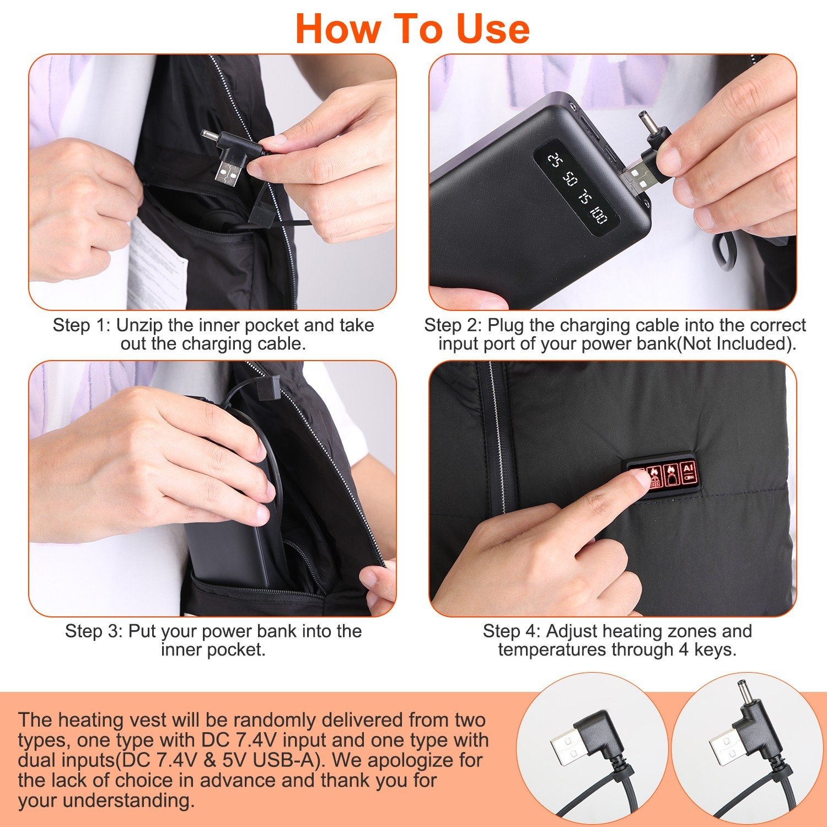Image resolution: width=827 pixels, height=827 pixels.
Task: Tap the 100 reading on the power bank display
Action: [599, 214]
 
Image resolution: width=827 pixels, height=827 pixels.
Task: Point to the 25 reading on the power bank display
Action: [554, 159]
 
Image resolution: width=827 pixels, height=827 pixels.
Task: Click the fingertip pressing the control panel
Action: [640, 478]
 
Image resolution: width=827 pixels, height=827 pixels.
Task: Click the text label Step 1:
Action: [82, 325]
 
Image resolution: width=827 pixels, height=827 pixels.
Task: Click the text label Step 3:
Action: [94, 631]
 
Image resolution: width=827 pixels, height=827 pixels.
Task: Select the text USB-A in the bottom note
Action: [286, 760]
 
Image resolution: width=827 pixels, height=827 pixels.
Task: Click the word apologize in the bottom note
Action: [405, 760]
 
